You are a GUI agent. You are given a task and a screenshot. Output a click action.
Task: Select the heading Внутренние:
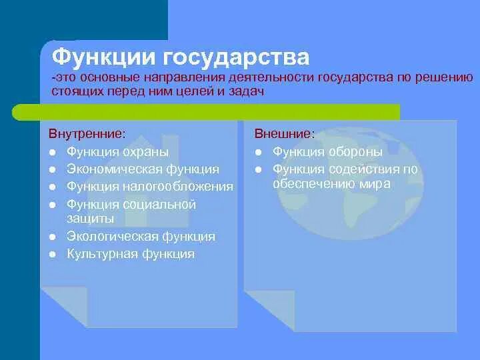pyautogui.click(x=87, y=134)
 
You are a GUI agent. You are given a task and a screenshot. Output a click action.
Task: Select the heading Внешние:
pyautogui.click(x=285, y=134)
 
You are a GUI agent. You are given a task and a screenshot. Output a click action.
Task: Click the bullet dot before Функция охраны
pyautogui.click(x=53, y=152)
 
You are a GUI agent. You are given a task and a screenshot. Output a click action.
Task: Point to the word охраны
pyautogui.click(x=146, y=153)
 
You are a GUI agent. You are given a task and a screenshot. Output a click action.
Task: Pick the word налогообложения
pyautogui.click(x=178, y=187)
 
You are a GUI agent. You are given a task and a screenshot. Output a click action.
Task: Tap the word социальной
pyautogui.click(x=159, y=205)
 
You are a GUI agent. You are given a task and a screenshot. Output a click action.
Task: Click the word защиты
pyautogui.click(x=91, y=219)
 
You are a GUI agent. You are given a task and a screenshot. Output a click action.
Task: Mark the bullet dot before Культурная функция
pyautogui.click(x=53, y=254)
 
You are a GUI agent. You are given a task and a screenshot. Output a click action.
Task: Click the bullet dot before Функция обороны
pyautogui.click(x=259, y=152)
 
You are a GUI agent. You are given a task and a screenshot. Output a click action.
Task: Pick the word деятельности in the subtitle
pyautogui.click(x=271, y=78)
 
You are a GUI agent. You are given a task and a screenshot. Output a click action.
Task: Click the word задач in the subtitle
pyautogui.click(x=247, y=91)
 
